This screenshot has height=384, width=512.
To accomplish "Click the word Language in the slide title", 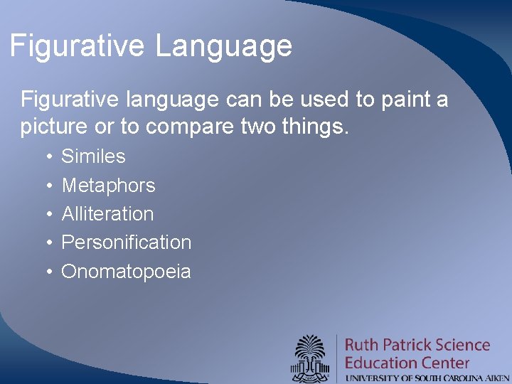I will (x=224, y=46).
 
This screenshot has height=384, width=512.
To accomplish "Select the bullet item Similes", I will (x=93, y=156).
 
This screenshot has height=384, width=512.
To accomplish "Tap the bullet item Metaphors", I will (x=108, y=185).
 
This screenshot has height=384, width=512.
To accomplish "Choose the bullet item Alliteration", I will (x=107, y=213).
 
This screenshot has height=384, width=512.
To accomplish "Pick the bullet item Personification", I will (x=126, y=242).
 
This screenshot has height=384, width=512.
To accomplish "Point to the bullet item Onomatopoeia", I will (x=126, y=271).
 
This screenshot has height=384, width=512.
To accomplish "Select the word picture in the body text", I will (x=55, y=128).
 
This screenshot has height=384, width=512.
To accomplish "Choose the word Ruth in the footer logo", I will (x=362, y=345).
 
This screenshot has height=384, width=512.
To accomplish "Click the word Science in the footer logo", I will (x=463, y=345).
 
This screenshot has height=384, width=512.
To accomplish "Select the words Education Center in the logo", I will (x=407, y=362).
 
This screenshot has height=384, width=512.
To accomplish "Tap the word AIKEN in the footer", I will (x=495, y=378).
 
